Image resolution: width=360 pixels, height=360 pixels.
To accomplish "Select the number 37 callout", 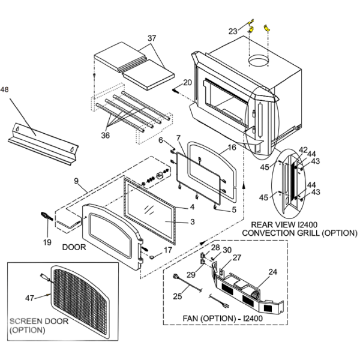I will point(152,38).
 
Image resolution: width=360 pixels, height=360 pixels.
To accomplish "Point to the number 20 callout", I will point(187,82).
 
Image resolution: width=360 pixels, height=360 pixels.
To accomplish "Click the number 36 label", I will point(106,136).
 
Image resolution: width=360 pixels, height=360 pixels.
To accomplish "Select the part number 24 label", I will point(273,272).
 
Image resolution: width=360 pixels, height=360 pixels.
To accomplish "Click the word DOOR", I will point(74,247).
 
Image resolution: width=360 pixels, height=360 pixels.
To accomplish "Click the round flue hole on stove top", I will point(261,61).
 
